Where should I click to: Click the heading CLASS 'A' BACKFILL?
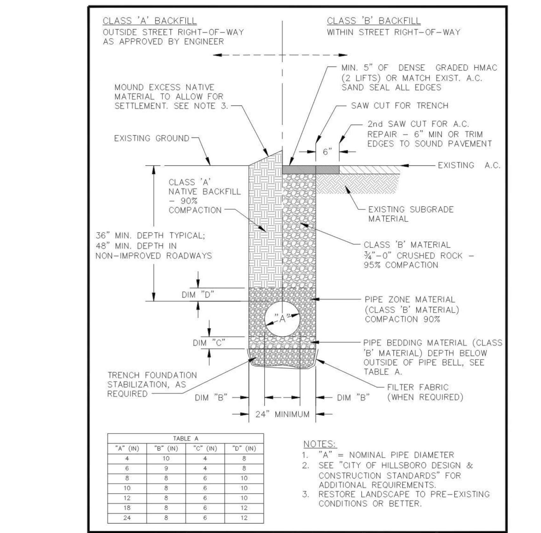pos(149,21)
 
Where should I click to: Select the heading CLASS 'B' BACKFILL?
pos(374,21)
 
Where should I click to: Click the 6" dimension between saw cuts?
pos(327,152)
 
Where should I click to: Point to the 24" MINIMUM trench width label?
pos(282,414)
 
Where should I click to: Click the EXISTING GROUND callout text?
pos(152,138)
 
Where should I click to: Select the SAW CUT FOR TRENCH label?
pos(400,106)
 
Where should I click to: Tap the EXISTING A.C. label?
pos(469,165)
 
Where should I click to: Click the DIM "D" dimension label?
pos(198,295)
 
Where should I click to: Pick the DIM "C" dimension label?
pos(209,343)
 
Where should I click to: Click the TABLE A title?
pos(186,439)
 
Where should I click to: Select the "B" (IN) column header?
pos(166,449)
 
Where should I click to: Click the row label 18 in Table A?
pos(127,508)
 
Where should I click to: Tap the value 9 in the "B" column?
pos(166,468)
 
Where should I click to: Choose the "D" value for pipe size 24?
pos(244,518)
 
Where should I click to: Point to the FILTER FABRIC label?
pos(418,387)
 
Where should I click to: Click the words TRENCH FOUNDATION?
pos(152,375)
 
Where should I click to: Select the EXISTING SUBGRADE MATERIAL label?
pos(411,214)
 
